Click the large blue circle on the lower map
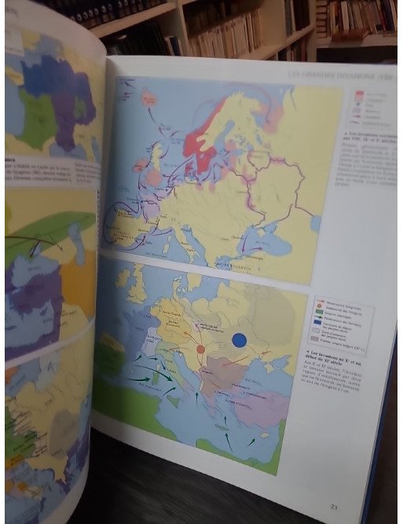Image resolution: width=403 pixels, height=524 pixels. click(x=240, y=340)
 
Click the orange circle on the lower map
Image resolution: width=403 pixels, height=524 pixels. click(x=201, y=348)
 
